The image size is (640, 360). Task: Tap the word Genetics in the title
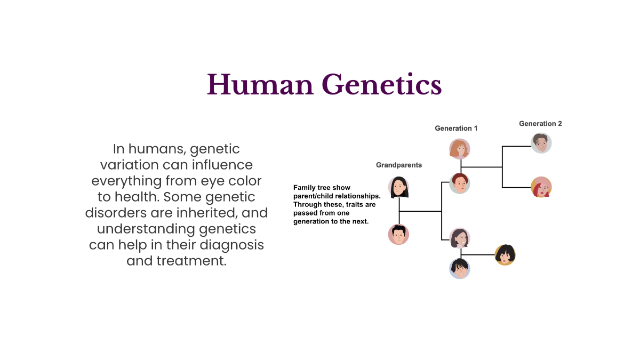click(x=382, y=85)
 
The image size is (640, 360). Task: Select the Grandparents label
click(x=398, y=165)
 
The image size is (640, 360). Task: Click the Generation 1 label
click(x=456, y=128)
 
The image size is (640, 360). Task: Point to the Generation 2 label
click(x=540, y=123)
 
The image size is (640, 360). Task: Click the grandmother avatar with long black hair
click(x=398, y=187)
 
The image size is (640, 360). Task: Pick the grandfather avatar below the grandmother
click(x=398, y=234)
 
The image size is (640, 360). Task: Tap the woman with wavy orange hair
click(x=459, y=149)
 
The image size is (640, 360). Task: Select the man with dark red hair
click(x=459, y=183)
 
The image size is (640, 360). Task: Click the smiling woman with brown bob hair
click(x=459, y=238)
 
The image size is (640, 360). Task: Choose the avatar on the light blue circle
click(x=459, y=268)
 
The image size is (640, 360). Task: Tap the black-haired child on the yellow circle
click(x=505, y=255)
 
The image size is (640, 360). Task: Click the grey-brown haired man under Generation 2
click(x=541, y=143)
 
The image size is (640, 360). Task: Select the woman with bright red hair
click(x=541, y=187)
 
